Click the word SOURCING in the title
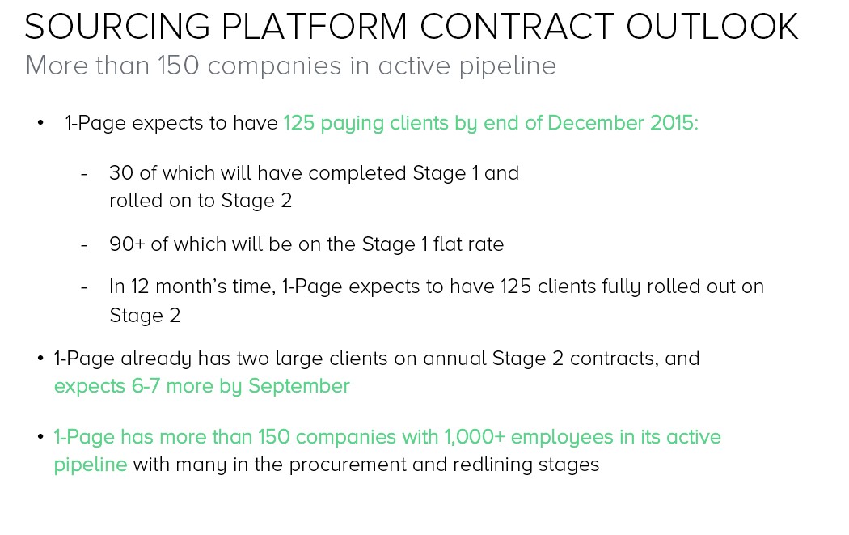(x=117, y=27)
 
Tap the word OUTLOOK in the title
(x=712, y=27)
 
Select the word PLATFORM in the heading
(x=314, y=27)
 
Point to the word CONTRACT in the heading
(x=517, y=27)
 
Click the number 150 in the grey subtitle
(x=178, y=66)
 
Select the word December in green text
(x=596, y=123)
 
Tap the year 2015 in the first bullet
(x=674, y=123)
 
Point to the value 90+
(x=127, y=244)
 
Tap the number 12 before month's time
(x=140, y=287)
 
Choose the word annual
(x=454, y=359)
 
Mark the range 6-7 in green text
(x=146, y=386)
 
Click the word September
(x=299, y=387)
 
